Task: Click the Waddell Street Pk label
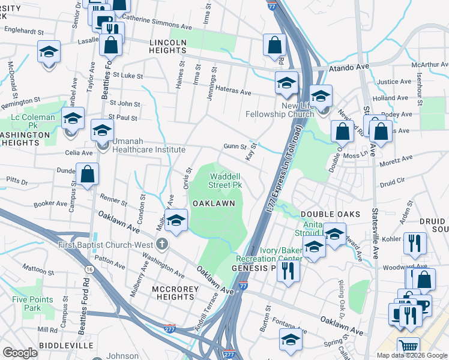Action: click(x=225, y=181)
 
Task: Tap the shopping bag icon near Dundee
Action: click(x=87, y=174)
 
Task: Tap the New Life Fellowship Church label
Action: click(x=280, y=109)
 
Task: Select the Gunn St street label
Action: click(x=235, y=146)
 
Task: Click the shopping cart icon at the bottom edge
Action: click(x=408, y=347)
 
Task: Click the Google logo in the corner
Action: click(x=20, y=353)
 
